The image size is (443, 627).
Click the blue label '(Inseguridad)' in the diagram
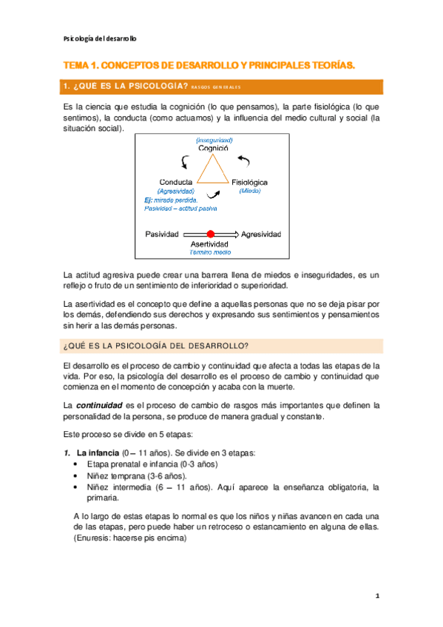pos(214,140)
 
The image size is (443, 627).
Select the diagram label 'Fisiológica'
pos(250,182)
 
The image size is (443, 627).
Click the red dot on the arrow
pos(211,234)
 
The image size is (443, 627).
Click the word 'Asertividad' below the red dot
pos(211,244)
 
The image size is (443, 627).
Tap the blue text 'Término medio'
pos(211,252)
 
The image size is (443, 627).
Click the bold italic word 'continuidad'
pos(99,405)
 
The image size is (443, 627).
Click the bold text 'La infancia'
pos(98,453)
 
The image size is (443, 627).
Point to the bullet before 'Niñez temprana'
pos(78,476)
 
